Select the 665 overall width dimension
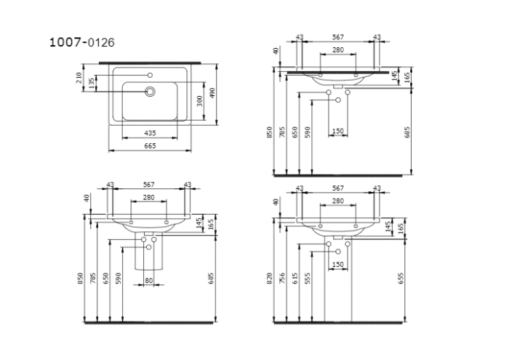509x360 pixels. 150,146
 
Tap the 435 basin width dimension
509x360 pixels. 150,133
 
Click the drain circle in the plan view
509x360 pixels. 151,92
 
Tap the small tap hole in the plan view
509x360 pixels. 150,76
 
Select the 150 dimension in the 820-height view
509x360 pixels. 337,264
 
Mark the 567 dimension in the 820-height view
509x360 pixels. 337,188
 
